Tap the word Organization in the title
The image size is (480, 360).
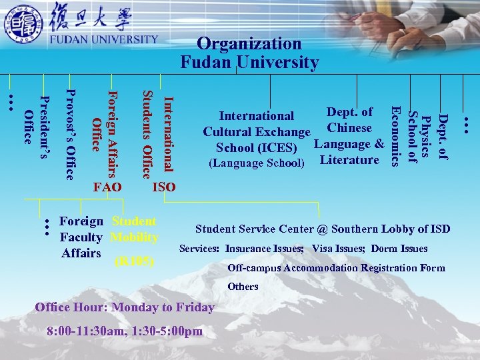pos(249,44)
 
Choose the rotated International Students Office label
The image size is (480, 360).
pos(158,133)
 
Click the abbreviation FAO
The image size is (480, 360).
pos(108,187)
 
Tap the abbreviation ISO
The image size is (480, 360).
pos(164,187)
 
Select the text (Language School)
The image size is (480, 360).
pos(257,163)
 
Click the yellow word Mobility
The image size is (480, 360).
pos(135,237)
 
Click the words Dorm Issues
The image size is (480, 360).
pos(399,249)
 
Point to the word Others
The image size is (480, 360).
pos(243,287)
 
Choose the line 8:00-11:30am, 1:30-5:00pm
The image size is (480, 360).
pos(125,331)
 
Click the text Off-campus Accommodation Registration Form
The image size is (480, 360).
pos(336,268)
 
